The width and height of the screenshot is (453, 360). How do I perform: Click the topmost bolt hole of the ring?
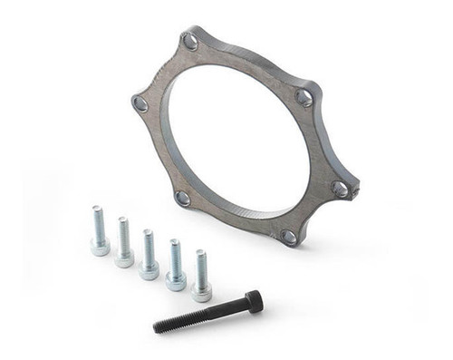coord(190,41)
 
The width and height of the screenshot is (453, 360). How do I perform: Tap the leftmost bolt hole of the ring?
coord(140,104)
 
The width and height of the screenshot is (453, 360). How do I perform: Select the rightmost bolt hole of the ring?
coord(340,190)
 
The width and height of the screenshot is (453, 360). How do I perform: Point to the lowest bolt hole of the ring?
coord(289,237)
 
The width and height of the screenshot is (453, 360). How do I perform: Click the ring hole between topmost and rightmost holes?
coord(304,97)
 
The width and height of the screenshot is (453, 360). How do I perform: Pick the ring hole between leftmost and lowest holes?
coord(183,198)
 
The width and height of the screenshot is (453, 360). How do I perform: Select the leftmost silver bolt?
coord(99,231)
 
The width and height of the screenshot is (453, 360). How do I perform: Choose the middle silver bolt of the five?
coord(149,254)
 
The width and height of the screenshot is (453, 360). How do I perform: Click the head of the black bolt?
coord(253,301)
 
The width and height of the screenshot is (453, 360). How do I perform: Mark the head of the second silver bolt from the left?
coord(124,257)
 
